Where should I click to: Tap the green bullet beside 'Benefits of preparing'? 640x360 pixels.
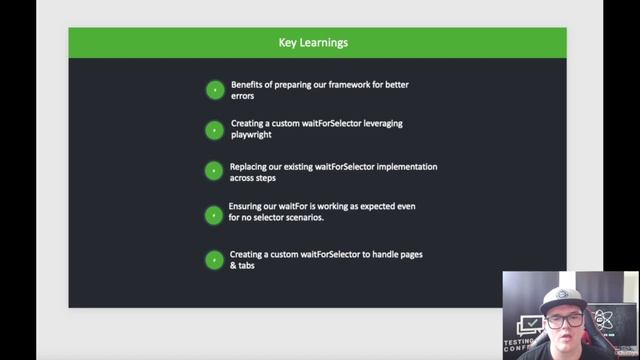[214, 90]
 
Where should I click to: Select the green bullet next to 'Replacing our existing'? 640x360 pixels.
[214, 171]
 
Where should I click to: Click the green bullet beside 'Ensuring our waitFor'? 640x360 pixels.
[214, 214]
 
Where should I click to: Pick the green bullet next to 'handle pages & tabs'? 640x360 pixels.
[214, 260]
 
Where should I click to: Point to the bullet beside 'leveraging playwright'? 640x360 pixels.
[214, 129]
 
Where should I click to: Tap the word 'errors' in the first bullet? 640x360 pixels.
[243, 97]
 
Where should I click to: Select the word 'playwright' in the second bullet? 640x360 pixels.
[251, 135]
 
